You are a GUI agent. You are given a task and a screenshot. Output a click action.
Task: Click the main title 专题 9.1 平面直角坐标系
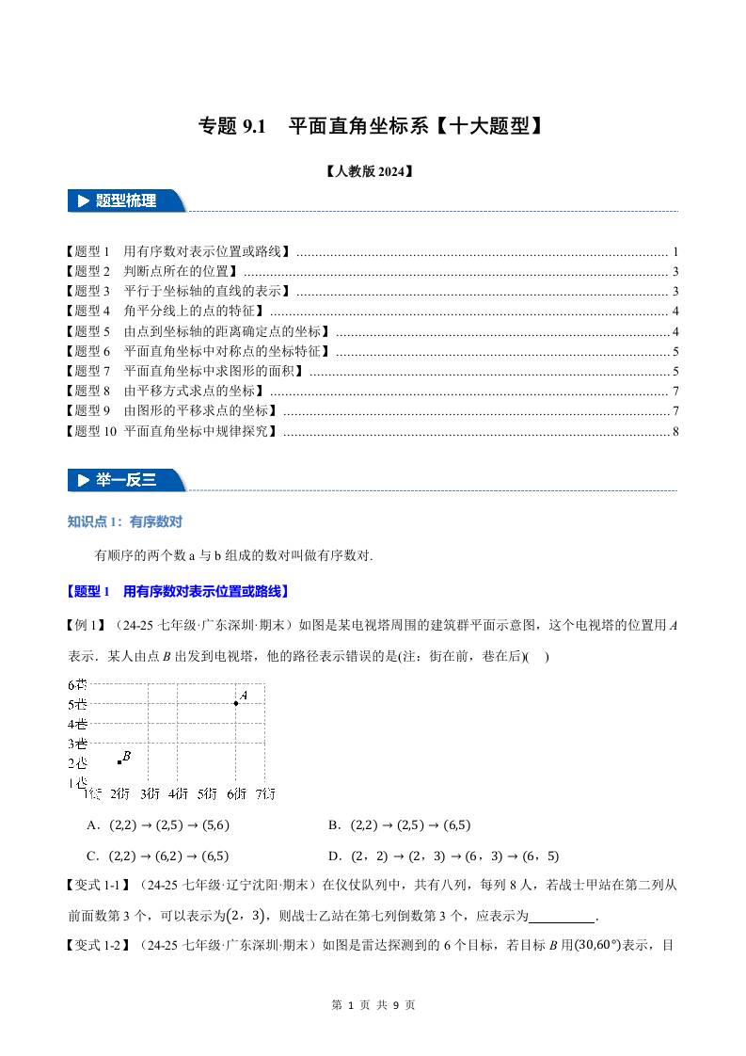(x=372, y=126)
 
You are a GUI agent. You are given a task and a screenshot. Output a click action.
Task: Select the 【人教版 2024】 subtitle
(x=372, y=172)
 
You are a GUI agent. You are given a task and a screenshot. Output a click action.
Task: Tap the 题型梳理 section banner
(x=125, y=200)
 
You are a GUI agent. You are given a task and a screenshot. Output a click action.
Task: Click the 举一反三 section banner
(x=125, y=480)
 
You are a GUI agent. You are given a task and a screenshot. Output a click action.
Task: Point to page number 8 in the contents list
(x=675, y=431)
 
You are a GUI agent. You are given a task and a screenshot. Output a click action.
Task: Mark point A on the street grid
(x=235, y=703)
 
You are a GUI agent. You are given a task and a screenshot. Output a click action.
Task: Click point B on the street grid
(x=119, y=761)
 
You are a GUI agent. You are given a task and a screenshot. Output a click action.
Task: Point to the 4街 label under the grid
(x=178, y=793)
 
